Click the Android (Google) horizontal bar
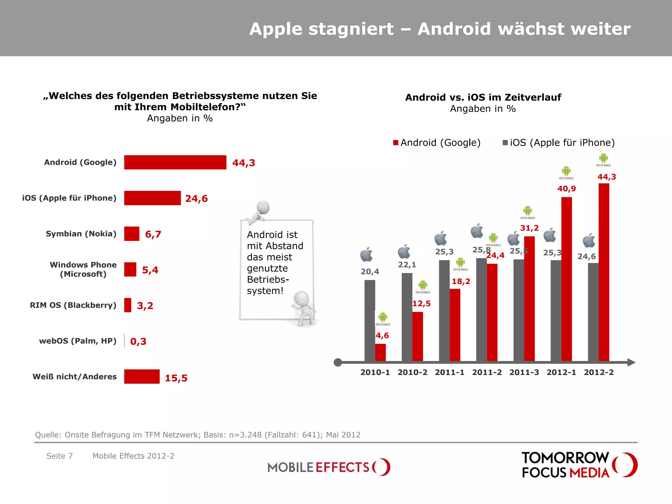click(175, 162)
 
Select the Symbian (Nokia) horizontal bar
click(132, 234)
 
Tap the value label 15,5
click(176, 378)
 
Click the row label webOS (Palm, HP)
click(78, 341)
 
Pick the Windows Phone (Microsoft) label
click(83, 269)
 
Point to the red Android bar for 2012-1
click(566, 279)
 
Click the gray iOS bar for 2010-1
click(369, 321)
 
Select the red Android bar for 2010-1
click(380, 352)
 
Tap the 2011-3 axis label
click(524, 372)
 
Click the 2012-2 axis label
click(598, 372)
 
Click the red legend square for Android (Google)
click(396, 143)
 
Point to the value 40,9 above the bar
click(566, 189)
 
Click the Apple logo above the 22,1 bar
click(404, 252)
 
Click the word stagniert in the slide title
click(351, 29)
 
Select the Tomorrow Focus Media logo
click(579, 465)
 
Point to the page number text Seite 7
click(59, 456)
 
